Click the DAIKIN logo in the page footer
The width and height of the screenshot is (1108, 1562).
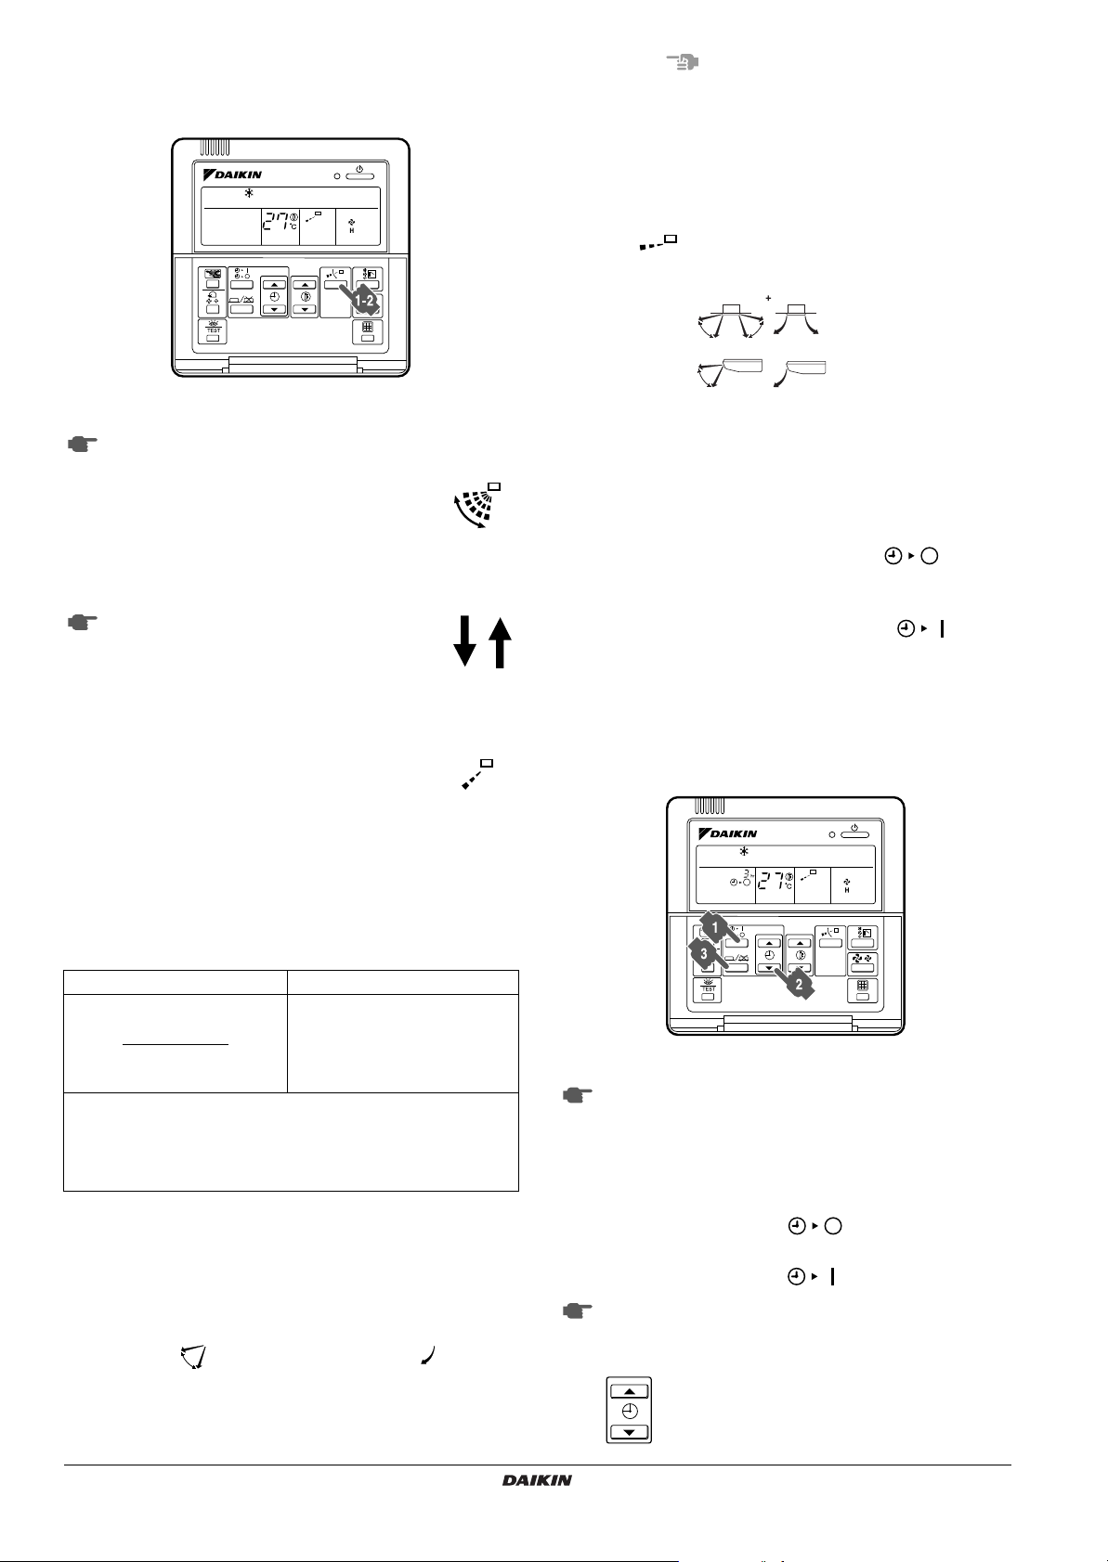pos(537,1480)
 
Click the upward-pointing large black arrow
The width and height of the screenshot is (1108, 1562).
pos(499,643)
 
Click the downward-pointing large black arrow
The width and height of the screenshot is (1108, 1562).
pos(464,643)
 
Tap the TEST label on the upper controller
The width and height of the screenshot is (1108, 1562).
pos(214,329)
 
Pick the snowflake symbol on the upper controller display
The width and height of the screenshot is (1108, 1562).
pos(248,194)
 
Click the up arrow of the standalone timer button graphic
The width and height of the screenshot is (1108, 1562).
pos(630,1391)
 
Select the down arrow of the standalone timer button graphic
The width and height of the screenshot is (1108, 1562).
pos(630,1432)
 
